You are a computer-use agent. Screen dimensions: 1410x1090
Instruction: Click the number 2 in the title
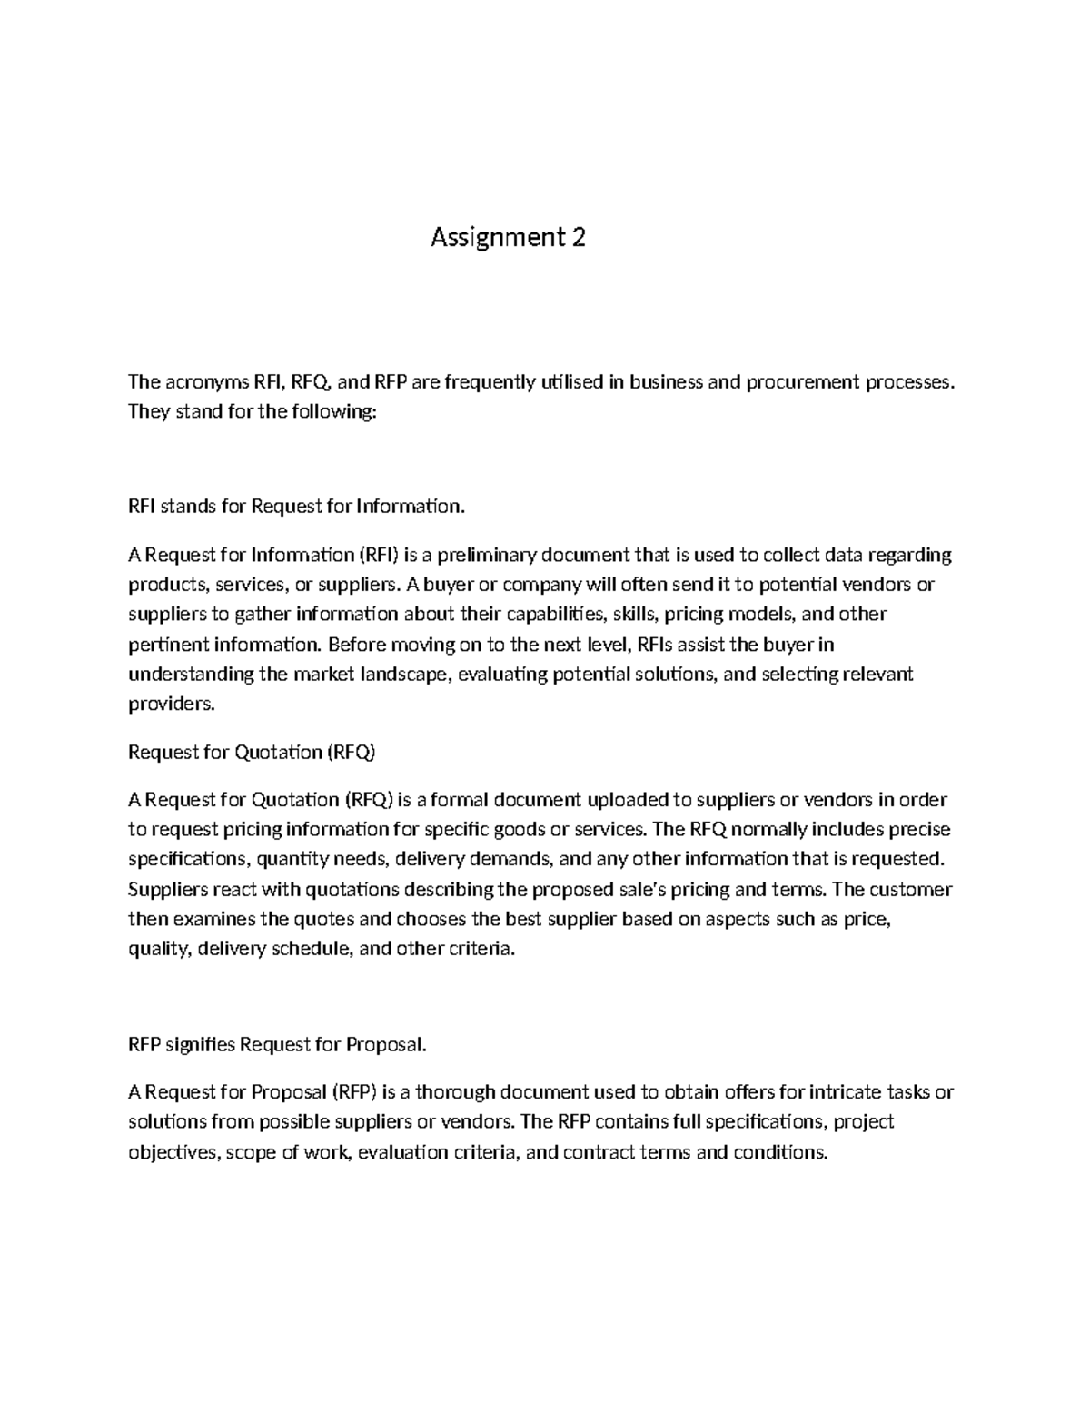pos(578,238)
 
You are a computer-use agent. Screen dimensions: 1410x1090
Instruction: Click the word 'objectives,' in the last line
pos(174,1153)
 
